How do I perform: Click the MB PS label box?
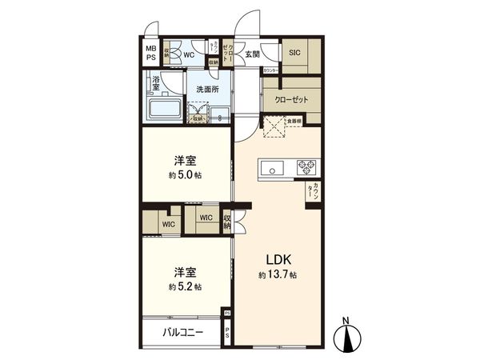click(150, 53)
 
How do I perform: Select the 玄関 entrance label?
click(252, 54)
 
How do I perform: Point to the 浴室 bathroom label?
click(156, 82)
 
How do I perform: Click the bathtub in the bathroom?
click(165, 108)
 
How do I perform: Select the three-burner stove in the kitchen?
click(306, 167)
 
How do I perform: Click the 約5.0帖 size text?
click(185, 175)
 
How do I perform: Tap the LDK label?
click(277, 259)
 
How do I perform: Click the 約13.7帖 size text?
click(278, 274)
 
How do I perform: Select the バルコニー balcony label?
click(184, 331)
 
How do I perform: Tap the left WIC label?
click(168, 225)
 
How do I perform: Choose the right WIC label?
click(205, 217)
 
